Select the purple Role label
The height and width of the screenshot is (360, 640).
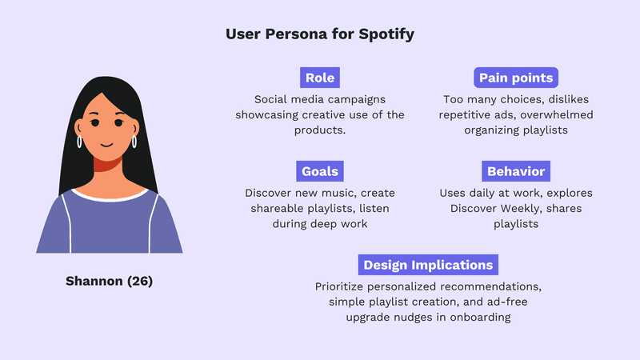pos(320,78)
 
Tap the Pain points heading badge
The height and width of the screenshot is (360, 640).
pos(516,78)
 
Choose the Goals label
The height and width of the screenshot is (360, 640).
pos(320,171)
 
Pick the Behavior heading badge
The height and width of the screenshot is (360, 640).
pos(516,171)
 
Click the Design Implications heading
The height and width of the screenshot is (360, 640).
pos(429,265)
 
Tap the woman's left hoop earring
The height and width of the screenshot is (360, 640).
pos(80,142)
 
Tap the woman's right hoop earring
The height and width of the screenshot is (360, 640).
pos(134,142)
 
